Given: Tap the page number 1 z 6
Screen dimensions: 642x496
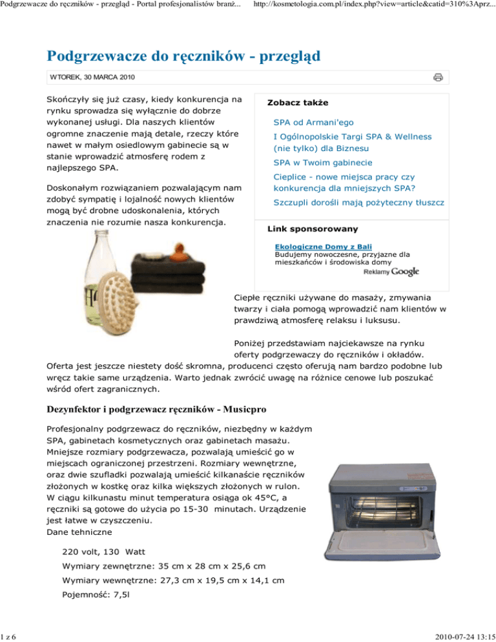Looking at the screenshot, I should [9, 636].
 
